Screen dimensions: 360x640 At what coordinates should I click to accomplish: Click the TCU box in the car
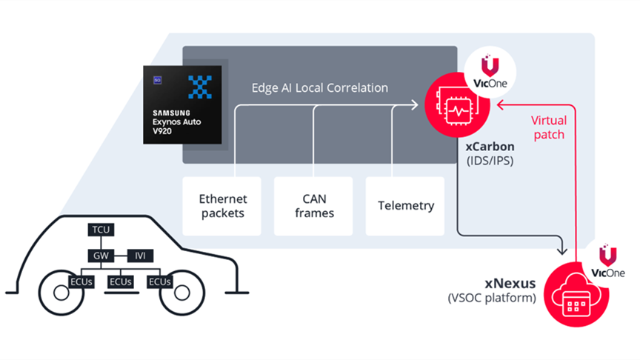101,230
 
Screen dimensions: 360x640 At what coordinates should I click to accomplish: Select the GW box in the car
101,256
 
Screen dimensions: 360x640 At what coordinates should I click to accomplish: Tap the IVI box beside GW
140,256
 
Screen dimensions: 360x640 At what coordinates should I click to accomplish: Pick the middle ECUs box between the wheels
121,282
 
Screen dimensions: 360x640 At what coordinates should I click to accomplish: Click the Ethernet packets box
223,206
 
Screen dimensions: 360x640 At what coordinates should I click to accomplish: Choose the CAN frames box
314,206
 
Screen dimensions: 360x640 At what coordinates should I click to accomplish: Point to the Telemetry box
404,206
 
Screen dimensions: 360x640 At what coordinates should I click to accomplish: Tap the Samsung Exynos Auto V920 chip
181,104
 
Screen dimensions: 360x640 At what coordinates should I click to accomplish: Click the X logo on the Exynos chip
200,87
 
